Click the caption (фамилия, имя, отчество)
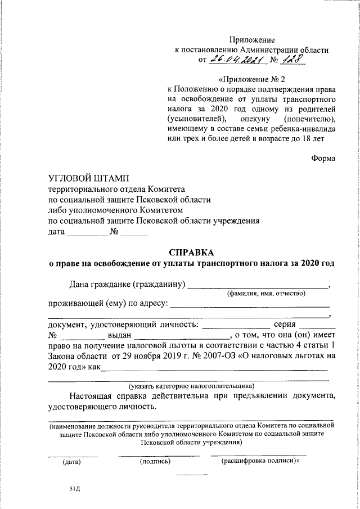(x=266, y=293)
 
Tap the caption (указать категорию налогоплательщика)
(x=191, y=385)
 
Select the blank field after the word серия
(x=317, y=326)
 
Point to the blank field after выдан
(x=187, y=336)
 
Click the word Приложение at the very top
(x=251, y=39)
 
